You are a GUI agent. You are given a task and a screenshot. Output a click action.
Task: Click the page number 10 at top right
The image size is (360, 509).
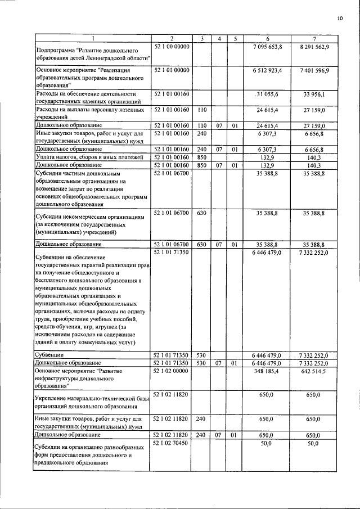click(340, 19)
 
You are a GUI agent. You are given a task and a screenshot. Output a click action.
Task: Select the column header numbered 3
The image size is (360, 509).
click(202, 38)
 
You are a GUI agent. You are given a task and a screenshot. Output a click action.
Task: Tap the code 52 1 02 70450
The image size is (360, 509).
click(172, 444)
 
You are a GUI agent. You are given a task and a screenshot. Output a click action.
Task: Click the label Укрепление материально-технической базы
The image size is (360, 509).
click(92, 399)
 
